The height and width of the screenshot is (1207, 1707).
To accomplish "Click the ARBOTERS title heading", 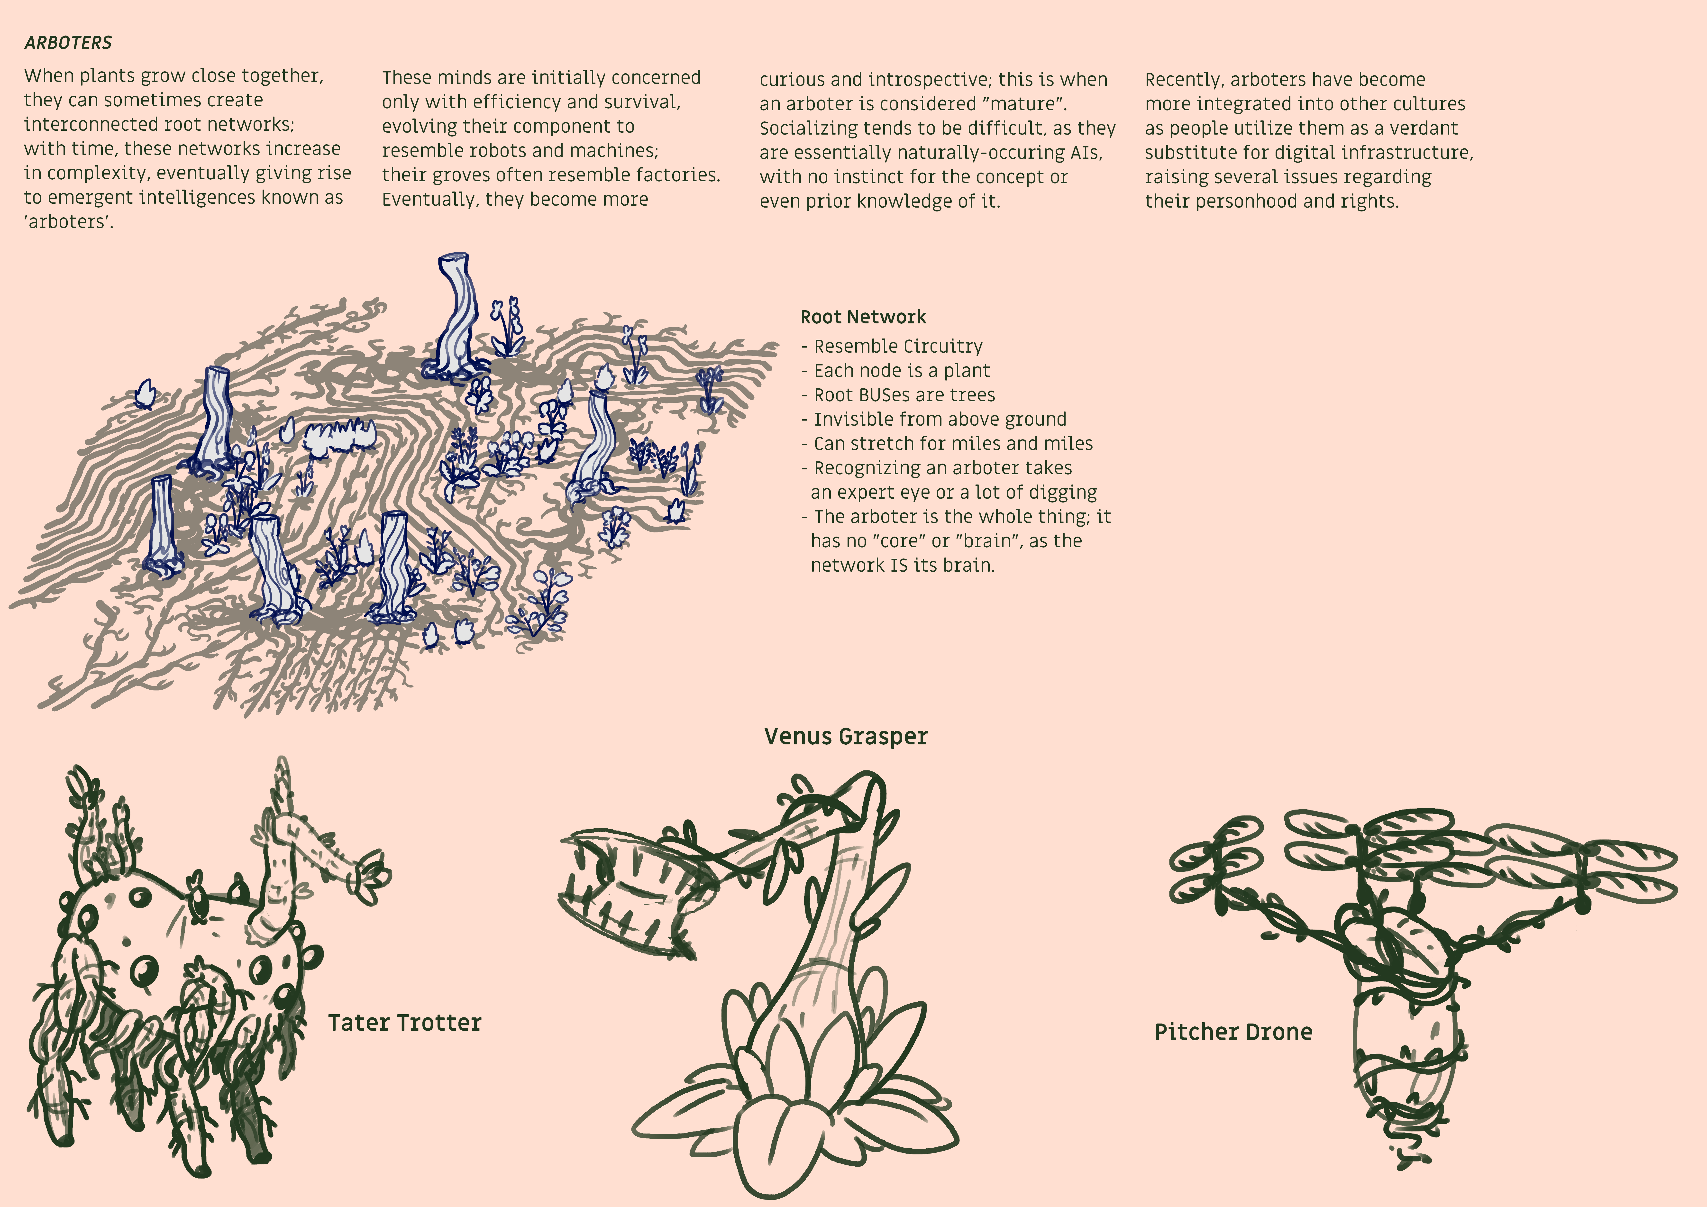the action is click(x=68, y=42).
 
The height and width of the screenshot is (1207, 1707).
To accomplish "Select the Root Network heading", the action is click(x=863, y=317).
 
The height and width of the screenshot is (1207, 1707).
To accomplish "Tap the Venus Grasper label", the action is click(x=846, y=736).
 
